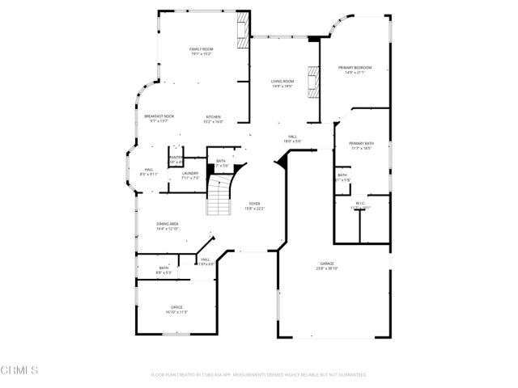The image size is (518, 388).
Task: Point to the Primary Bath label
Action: (360, 145)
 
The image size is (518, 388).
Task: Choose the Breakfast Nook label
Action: (155, 119)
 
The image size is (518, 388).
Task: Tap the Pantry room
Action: (175, 158)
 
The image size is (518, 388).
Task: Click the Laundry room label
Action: (190, 175)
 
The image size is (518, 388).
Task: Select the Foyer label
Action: (255, 205)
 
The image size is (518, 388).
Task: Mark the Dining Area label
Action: (168, 226)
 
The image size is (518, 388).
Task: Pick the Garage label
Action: (326, 266)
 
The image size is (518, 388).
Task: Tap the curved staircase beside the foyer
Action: (219, 198)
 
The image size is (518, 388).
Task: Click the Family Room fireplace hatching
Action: (241, 32)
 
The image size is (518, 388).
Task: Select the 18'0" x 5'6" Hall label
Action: (293, 139)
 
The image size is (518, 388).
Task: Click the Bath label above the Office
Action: (163, 270)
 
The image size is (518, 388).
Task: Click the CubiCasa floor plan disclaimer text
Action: (259, 375)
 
